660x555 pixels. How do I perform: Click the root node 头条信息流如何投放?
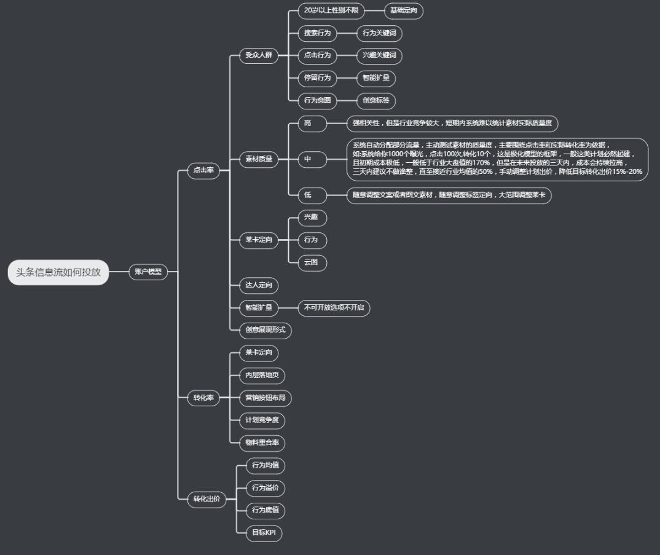(58, 272)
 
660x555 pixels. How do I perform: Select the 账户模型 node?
(148, 272)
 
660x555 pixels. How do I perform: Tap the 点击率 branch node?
(203, 170)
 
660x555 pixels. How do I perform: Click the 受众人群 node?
(258, 55)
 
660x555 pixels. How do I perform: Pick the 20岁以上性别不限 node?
(331, 10)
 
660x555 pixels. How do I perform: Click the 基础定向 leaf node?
(404, 10)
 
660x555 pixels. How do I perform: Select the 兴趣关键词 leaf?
(379, 55)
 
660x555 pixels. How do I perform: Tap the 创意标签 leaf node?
(376, 100)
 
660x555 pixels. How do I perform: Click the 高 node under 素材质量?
(308, 124)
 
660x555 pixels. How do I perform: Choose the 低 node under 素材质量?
(308, 195)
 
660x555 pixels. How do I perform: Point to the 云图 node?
(312, 262)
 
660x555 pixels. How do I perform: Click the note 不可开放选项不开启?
(334, 307)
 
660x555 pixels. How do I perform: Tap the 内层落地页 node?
(261, 375)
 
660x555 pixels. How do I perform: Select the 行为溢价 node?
(265, 488)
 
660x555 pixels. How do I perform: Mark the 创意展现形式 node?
(265, 330)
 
